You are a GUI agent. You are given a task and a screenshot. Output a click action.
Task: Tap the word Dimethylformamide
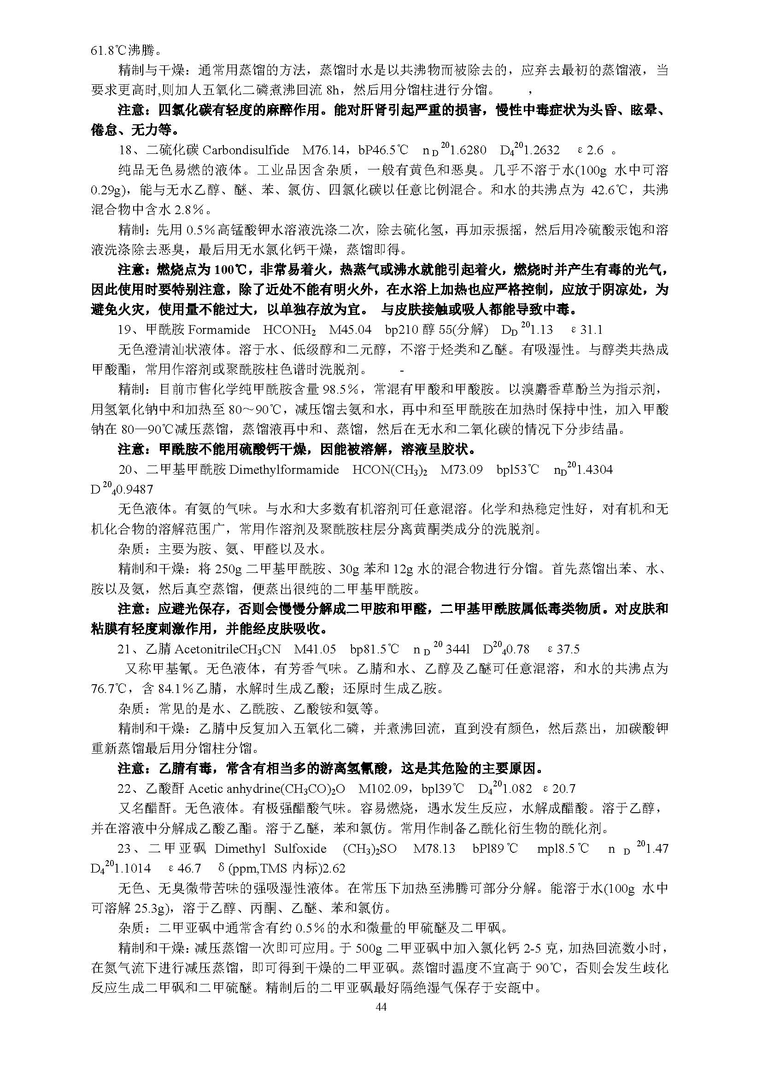[284, 470]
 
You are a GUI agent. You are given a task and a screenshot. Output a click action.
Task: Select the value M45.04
[350, 330]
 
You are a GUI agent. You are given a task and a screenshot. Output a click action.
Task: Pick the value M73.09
[461, 470]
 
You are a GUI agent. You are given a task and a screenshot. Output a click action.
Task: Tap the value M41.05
[315, 649]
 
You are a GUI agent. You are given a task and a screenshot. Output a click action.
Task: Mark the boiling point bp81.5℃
[375, 649]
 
